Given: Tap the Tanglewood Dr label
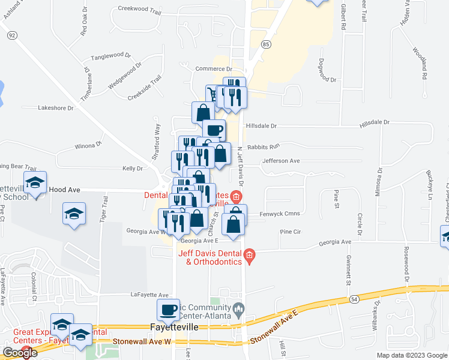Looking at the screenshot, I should pyautogui.click(x=110, y=56).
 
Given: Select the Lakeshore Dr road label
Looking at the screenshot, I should pyautogui.click(x=55, y=109).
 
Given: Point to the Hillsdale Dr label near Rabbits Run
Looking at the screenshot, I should pyautogui.click(x=262, y=126).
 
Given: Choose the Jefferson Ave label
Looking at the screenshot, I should pyautogui.click(x=280, y=161).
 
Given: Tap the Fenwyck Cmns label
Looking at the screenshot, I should pyautogui.click(x=280, y=214).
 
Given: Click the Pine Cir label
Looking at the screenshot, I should pyautogui.click(x=289, y=232).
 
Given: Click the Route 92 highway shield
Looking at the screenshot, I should pyautogui.click(x=12, y=36).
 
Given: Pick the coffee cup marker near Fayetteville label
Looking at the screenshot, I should pyautogui.click(x=168, y=310).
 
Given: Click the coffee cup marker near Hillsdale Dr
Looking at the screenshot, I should pyautogui.click(x=214, y=130).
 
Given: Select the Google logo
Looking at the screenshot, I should pyautogui.click(x=20, y=353).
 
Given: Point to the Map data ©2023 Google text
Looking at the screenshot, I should pyautogui.click(x=412, y=355).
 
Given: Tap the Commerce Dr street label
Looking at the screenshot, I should pyautogui.click(x=214, y=70).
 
